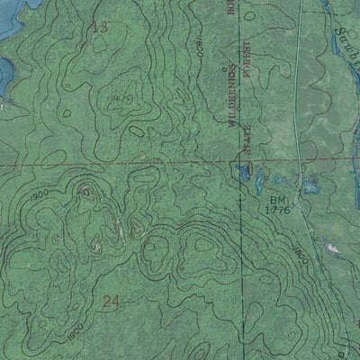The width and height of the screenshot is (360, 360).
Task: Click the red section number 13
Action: coord(100,28)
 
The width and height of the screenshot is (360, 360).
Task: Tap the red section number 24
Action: coord(112,302)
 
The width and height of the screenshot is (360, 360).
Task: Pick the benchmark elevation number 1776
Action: coord(277,210)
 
